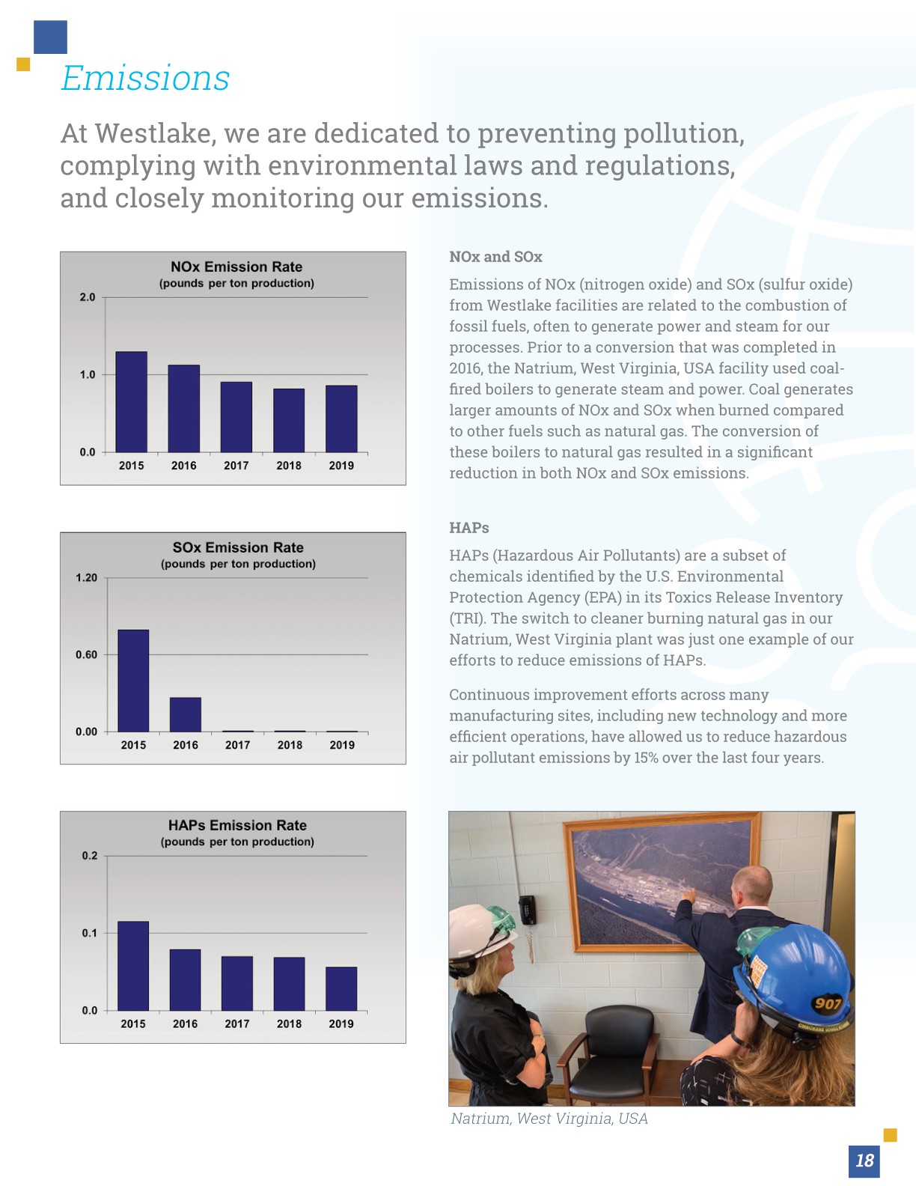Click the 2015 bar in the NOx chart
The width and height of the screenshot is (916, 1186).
pos(131,402)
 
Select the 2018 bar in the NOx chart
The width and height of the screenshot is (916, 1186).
pos(289,420)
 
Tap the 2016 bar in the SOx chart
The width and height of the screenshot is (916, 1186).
pos(185,714)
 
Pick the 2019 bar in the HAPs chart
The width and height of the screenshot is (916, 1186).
pos(341,989)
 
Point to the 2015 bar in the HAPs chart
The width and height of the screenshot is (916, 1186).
pos(133,966)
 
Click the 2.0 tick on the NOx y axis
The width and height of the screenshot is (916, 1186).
pos(88,297)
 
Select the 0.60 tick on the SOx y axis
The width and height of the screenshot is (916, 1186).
pos(86,655)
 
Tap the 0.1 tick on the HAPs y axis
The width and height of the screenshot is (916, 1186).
pos(89,933)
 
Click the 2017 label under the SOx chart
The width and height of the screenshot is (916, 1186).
pos(237,745)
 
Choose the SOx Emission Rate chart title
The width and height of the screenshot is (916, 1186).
pos(238,547)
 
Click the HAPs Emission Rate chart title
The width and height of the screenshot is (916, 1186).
pos(237,825)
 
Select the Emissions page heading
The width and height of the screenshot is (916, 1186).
pos(145,79)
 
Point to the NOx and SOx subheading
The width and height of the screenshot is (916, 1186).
pos(495,257)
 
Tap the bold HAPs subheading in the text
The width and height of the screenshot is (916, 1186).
pos(469,528)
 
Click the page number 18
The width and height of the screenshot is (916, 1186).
pos(864,1161)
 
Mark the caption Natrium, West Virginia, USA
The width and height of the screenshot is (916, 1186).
pos(549,1119)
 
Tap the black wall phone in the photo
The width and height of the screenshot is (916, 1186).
pos(529,910)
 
